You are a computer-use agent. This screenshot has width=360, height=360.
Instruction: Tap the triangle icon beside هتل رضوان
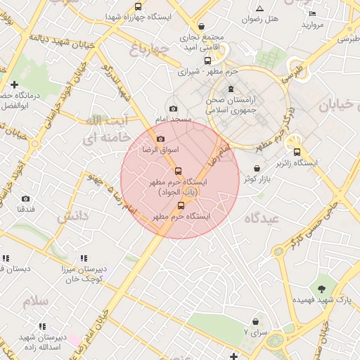click(259, 8)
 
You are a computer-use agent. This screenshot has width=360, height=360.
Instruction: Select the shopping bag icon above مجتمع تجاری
click(202, 26)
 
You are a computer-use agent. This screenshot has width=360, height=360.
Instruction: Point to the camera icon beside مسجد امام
click(174, 108)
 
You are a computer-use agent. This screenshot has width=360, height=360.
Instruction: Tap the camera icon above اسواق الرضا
click(160, 139)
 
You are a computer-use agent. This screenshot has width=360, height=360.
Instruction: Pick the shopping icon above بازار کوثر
click(257, 169)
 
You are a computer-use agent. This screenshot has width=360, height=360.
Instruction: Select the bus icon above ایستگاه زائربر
click(297, 152)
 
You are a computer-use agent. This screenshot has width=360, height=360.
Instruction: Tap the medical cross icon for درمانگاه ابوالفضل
click(14, 84)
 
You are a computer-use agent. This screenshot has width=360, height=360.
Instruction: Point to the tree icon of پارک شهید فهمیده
click(322, 288)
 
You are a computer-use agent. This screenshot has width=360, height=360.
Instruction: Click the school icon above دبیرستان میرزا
click(84, 258)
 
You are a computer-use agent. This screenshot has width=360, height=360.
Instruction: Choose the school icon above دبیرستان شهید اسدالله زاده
click(41, 326)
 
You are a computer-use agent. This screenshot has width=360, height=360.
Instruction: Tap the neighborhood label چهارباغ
click(150, 49)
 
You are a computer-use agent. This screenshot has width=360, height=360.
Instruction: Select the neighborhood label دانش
click(72, 217)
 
